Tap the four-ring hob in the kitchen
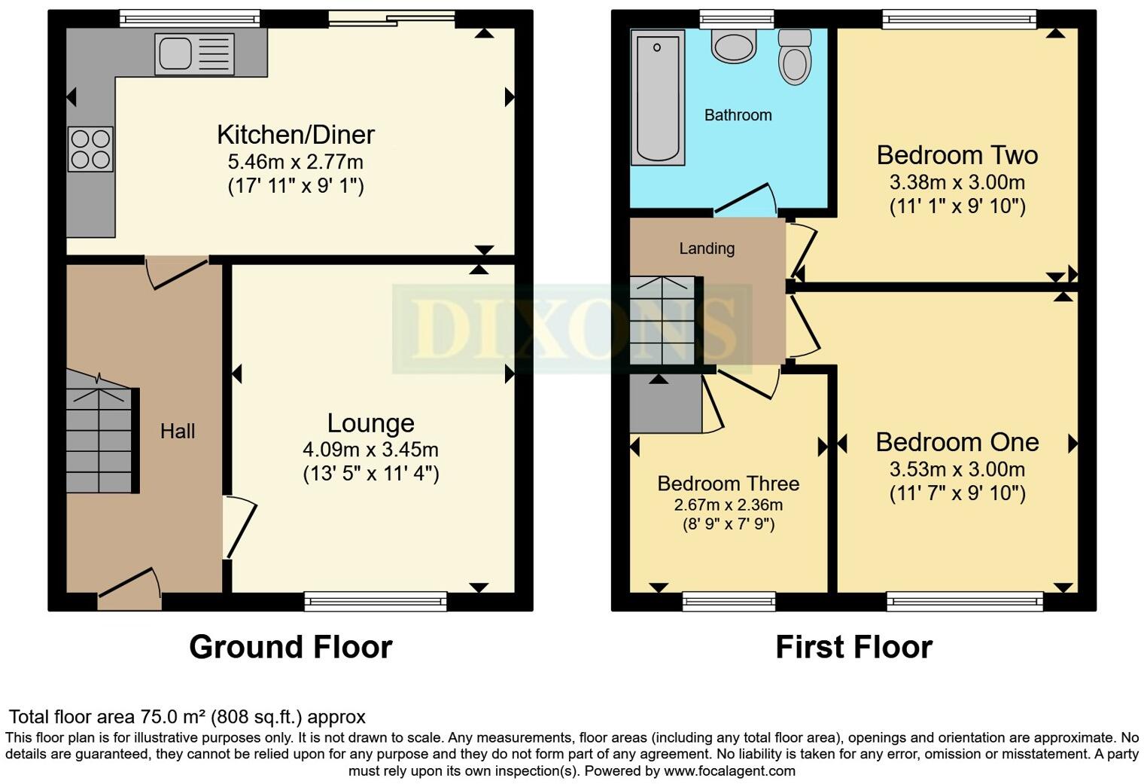tap(90, 149)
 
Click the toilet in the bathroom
tap(794, 57)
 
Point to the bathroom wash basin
tap(733, 46)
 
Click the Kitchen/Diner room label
tap(296, 135)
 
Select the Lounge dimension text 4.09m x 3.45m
tap(370, 450)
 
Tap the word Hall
tap(178, 431)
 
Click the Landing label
tap(707, 249)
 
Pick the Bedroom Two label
tap(957, 155)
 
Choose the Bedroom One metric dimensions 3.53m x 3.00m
tap(957, 470)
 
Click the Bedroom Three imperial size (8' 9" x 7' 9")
tap(728, 524)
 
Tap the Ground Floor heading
tap(291, 647)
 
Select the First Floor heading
tap(853, 647)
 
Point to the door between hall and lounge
tap(239, 528)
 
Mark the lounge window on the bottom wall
tap(376, 600)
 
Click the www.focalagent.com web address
tap(729, 771)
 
